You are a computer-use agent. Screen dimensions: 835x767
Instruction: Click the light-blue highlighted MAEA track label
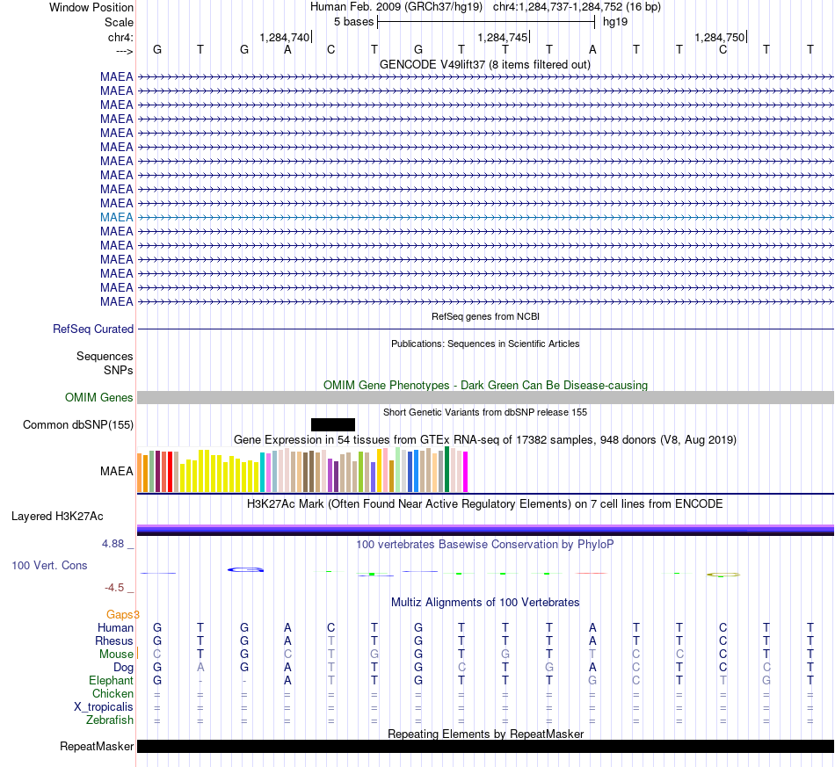(x=117, y=217)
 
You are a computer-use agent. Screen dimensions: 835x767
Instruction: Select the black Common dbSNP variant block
(x=333, y=424)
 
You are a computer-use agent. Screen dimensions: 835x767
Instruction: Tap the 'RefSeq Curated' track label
(x=93, y=329)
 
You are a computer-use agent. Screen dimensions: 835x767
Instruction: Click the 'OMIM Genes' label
(x=99, y=398)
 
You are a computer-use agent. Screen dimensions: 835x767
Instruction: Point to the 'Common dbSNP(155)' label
(x=78, y=424)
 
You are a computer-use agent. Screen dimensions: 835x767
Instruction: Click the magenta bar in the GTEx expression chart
(x=466, y=472)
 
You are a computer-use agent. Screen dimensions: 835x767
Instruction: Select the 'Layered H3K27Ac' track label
(x=57, y=517)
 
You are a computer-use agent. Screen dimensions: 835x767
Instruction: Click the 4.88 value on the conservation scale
(x=113, y=544)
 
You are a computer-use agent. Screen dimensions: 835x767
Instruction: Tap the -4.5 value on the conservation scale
(x=114, y=588)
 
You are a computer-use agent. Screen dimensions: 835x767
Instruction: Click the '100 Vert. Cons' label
(x=49, y=565)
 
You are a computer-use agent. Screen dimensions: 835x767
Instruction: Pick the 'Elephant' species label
(x=112, y=680)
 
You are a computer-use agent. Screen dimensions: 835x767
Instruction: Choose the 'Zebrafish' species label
(x=110, y=720)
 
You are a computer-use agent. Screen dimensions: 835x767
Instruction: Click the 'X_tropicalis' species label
(x=104, y=707)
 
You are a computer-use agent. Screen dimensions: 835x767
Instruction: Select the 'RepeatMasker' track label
(x=97, y=746)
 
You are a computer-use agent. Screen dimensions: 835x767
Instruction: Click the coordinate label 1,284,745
(x=502, y=37)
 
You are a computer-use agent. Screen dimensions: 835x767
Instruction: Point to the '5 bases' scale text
(x=354, y=22)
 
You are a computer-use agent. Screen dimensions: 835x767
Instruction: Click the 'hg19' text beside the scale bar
(x=615, y=22)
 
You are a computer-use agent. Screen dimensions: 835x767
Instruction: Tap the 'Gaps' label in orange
(x=120, y=615)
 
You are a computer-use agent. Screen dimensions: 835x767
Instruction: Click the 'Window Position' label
(x=91, y=7)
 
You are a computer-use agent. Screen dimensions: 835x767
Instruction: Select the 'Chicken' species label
(x=113, y=693)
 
